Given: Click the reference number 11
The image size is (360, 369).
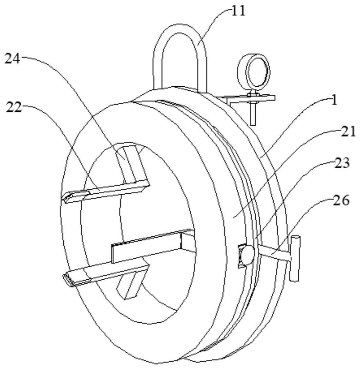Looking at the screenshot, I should pyautogui.click(x=238, y=11).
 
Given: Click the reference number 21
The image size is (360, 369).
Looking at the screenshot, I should pyautogui.click(x=348, y=132).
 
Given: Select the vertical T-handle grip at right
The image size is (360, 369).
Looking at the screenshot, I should pyautogui.click(x=295, y=259).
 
